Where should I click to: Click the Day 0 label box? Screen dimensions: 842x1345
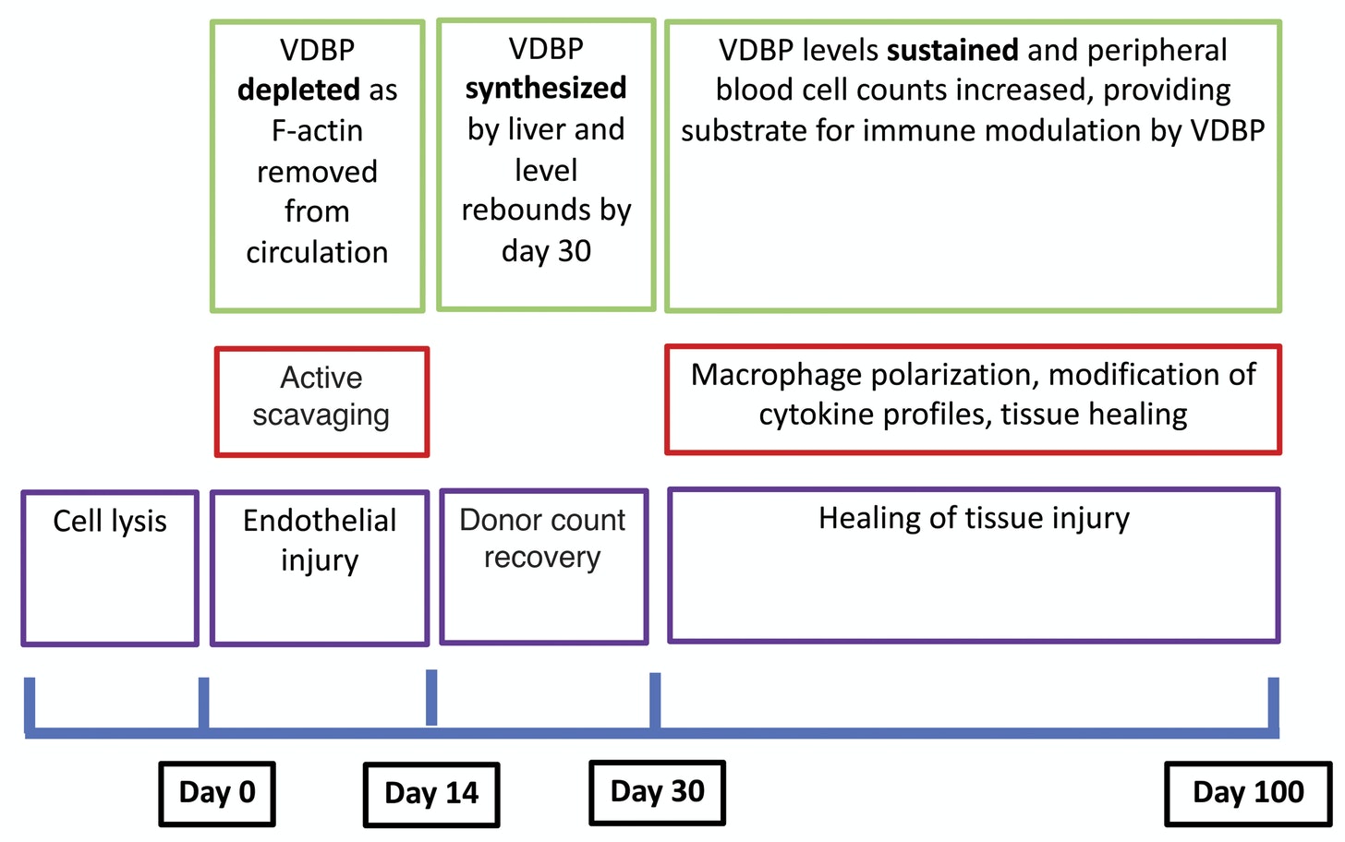pos(217,793)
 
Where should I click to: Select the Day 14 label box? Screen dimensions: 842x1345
pos(431,794)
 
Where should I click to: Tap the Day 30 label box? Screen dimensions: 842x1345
pos(657,792)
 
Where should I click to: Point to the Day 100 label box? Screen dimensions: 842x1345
pos(1247,793)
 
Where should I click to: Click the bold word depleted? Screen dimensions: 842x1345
pos(298,90)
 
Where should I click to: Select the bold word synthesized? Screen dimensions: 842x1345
pos(546,89)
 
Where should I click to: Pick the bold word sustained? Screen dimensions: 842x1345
pos(952,50)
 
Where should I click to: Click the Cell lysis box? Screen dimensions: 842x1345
pos(110,567)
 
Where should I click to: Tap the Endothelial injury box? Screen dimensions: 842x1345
pos(320,567)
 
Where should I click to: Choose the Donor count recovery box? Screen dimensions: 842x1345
pos(543,565)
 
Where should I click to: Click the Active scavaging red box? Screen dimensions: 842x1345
pos(321,401)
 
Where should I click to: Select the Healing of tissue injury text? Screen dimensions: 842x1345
pos(974,519)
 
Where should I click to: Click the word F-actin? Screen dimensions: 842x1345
pos(317,131)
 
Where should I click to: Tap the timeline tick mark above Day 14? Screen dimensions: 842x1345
pos(431,697)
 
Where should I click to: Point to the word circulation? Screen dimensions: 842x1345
pos(317,253)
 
